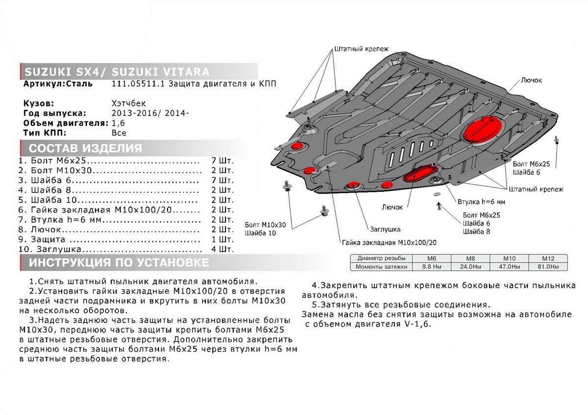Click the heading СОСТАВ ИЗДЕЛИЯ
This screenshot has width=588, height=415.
pos(86,149)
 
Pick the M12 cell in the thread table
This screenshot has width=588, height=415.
pos(547,258)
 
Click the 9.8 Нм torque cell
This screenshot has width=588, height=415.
pos(432,267)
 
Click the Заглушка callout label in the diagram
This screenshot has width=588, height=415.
pos(385,229)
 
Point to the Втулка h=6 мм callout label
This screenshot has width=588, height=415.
pos(481,201)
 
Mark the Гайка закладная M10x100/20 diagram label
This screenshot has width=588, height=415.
pos(390,242)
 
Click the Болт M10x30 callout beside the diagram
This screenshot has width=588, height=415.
pos(265,225)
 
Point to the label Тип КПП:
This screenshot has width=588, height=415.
pos(44,133)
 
